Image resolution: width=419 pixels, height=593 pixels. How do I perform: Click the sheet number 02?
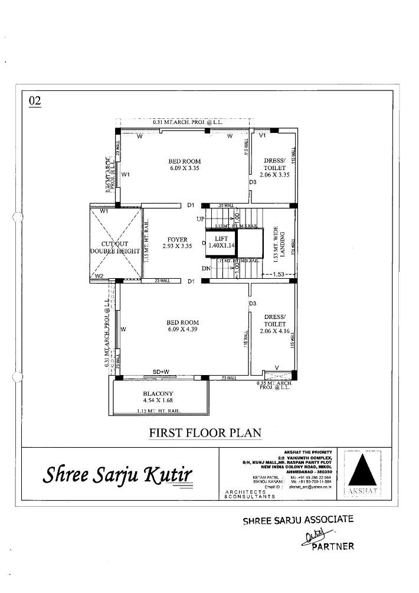tap(35, 101)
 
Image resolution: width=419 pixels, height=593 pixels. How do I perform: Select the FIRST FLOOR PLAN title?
tap(205, 432)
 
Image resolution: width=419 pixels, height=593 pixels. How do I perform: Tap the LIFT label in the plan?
tap(221, 238)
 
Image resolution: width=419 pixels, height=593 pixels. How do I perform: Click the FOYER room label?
tap(177, 240)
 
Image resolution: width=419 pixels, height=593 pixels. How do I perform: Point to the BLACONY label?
tap(158, 393)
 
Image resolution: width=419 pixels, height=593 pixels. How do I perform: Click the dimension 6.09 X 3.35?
tap(184, 168)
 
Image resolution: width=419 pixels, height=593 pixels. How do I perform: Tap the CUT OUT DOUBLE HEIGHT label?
tap(115, 247)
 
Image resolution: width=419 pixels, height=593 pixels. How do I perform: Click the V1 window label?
tap(263, 135)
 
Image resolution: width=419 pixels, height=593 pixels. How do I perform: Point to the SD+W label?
tap(161, 372)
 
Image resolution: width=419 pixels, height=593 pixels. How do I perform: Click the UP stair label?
tap(201, 219)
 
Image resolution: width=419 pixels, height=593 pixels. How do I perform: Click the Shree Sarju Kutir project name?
tap(117, 474)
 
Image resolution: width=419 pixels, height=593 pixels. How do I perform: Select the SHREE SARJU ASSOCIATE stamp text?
tap(298, 520)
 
